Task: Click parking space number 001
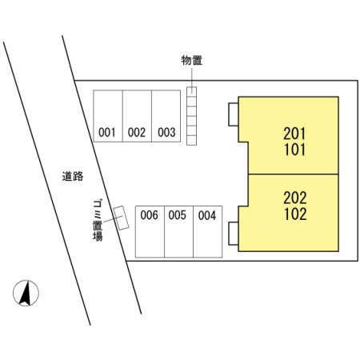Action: point(108,116)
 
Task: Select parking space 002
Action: point(137,116)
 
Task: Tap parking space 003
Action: point(166,116)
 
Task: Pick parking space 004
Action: point(208,232)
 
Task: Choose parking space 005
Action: point(178,232)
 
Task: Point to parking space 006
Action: point(150,232)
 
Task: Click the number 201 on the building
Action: point(294,134)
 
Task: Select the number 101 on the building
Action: point(294,150)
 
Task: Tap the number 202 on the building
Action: point(295,198)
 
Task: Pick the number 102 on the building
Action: point(295,214)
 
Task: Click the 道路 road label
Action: point(73,176)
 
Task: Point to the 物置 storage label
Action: point(192,60)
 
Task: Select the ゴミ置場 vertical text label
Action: point(98,220)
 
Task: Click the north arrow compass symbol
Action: point(26,293)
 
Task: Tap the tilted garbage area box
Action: point(121,218)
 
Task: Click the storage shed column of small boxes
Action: point(191,116)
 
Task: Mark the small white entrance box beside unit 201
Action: point(234,114)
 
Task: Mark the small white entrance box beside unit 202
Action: point(234,234)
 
